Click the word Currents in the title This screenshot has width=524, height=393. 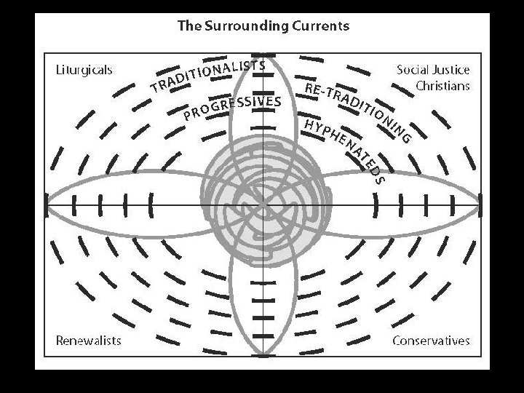317,26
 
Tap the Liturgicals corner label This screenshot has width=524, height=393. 84,70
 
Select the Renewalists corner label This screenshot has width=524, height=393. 89,340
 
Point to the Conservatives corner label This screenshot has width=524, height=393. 431,340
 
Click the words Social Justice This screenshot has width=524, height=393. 433,70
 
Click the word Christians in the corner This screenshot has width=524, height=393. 442,85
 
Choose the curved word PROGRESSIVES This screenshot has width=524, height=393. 232,106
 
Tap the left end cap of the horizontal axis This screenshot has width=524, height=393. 47,204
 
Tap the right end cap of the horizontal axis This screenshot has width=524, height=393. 480,204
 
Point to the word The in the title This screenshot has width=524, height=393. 188,26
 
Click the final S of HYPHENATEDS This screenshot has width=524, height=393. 378,179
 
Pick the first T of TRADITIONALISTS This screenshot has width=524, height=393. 155,90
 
